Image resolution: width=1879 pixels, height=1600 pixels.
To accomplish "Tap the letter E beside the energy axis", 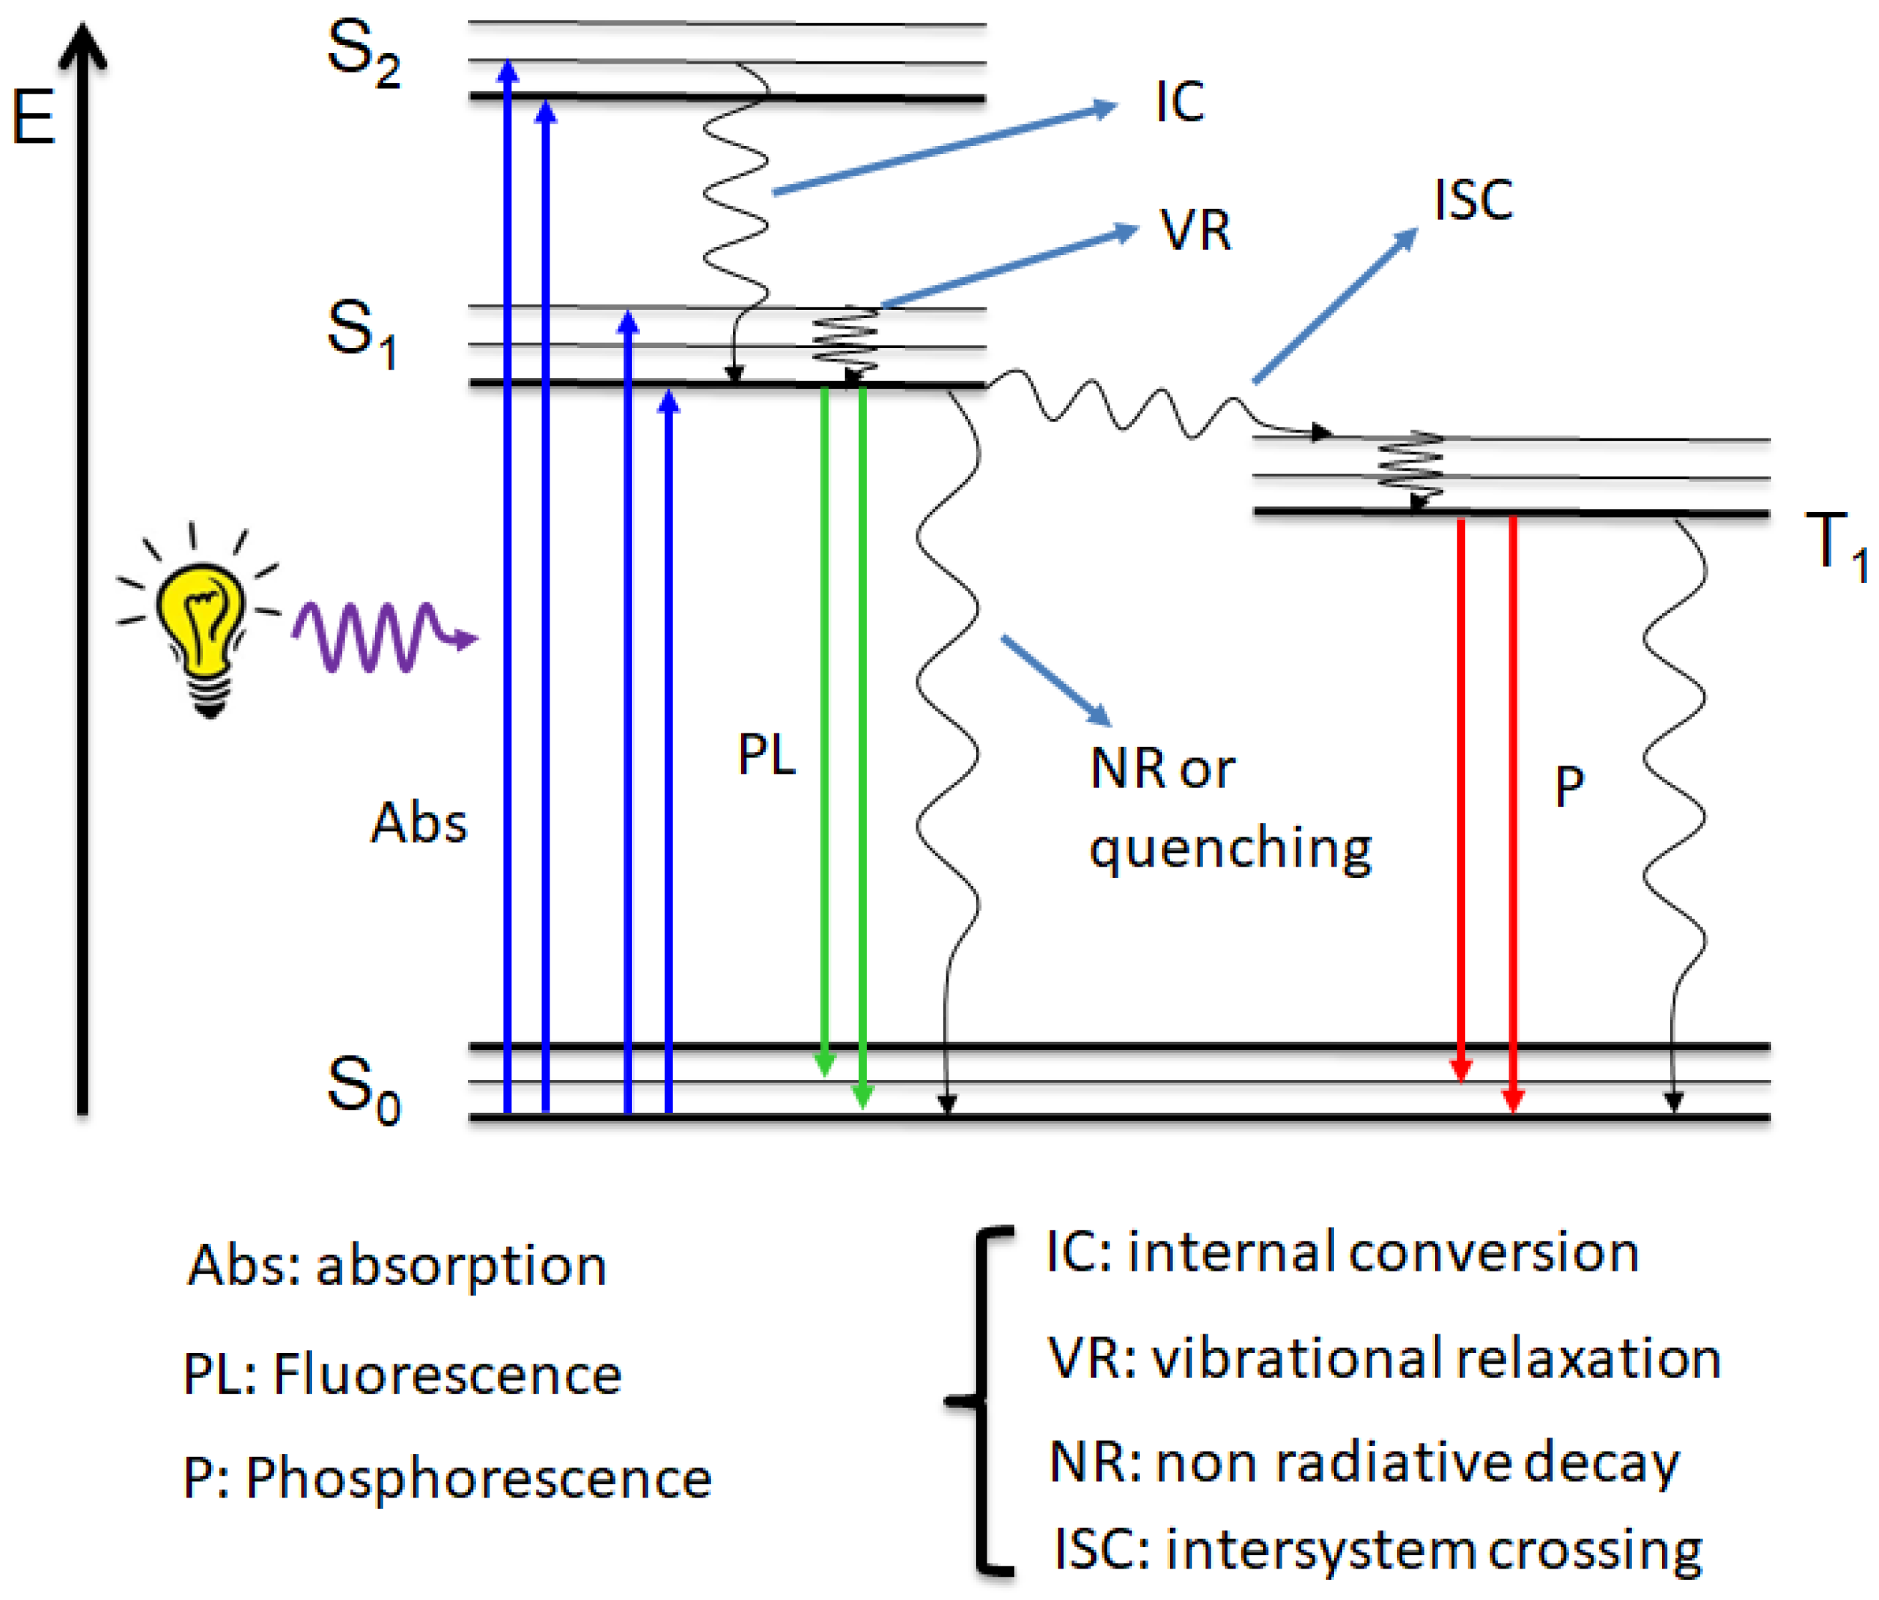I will (x=34, y=117).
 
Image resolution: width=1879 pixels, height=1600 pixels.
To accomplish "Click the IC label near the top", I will (x=1179, y=102).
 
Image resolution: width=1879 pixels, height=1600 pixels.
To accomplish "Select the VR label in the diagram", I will (x=1196, y=230).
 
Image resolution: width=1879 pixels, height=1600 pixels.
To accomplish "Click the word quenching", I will (x=1230, y=849).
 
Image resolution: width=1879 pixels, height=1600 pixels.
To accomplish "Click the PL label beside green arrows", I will (x=767, y=754).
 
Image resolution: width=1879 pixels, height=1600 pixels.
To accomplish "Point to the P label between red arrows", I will (x=1569, y=785).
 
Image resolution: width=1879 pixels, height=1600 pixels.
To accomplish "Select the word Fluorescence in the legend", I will (x=447, y=1374).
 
